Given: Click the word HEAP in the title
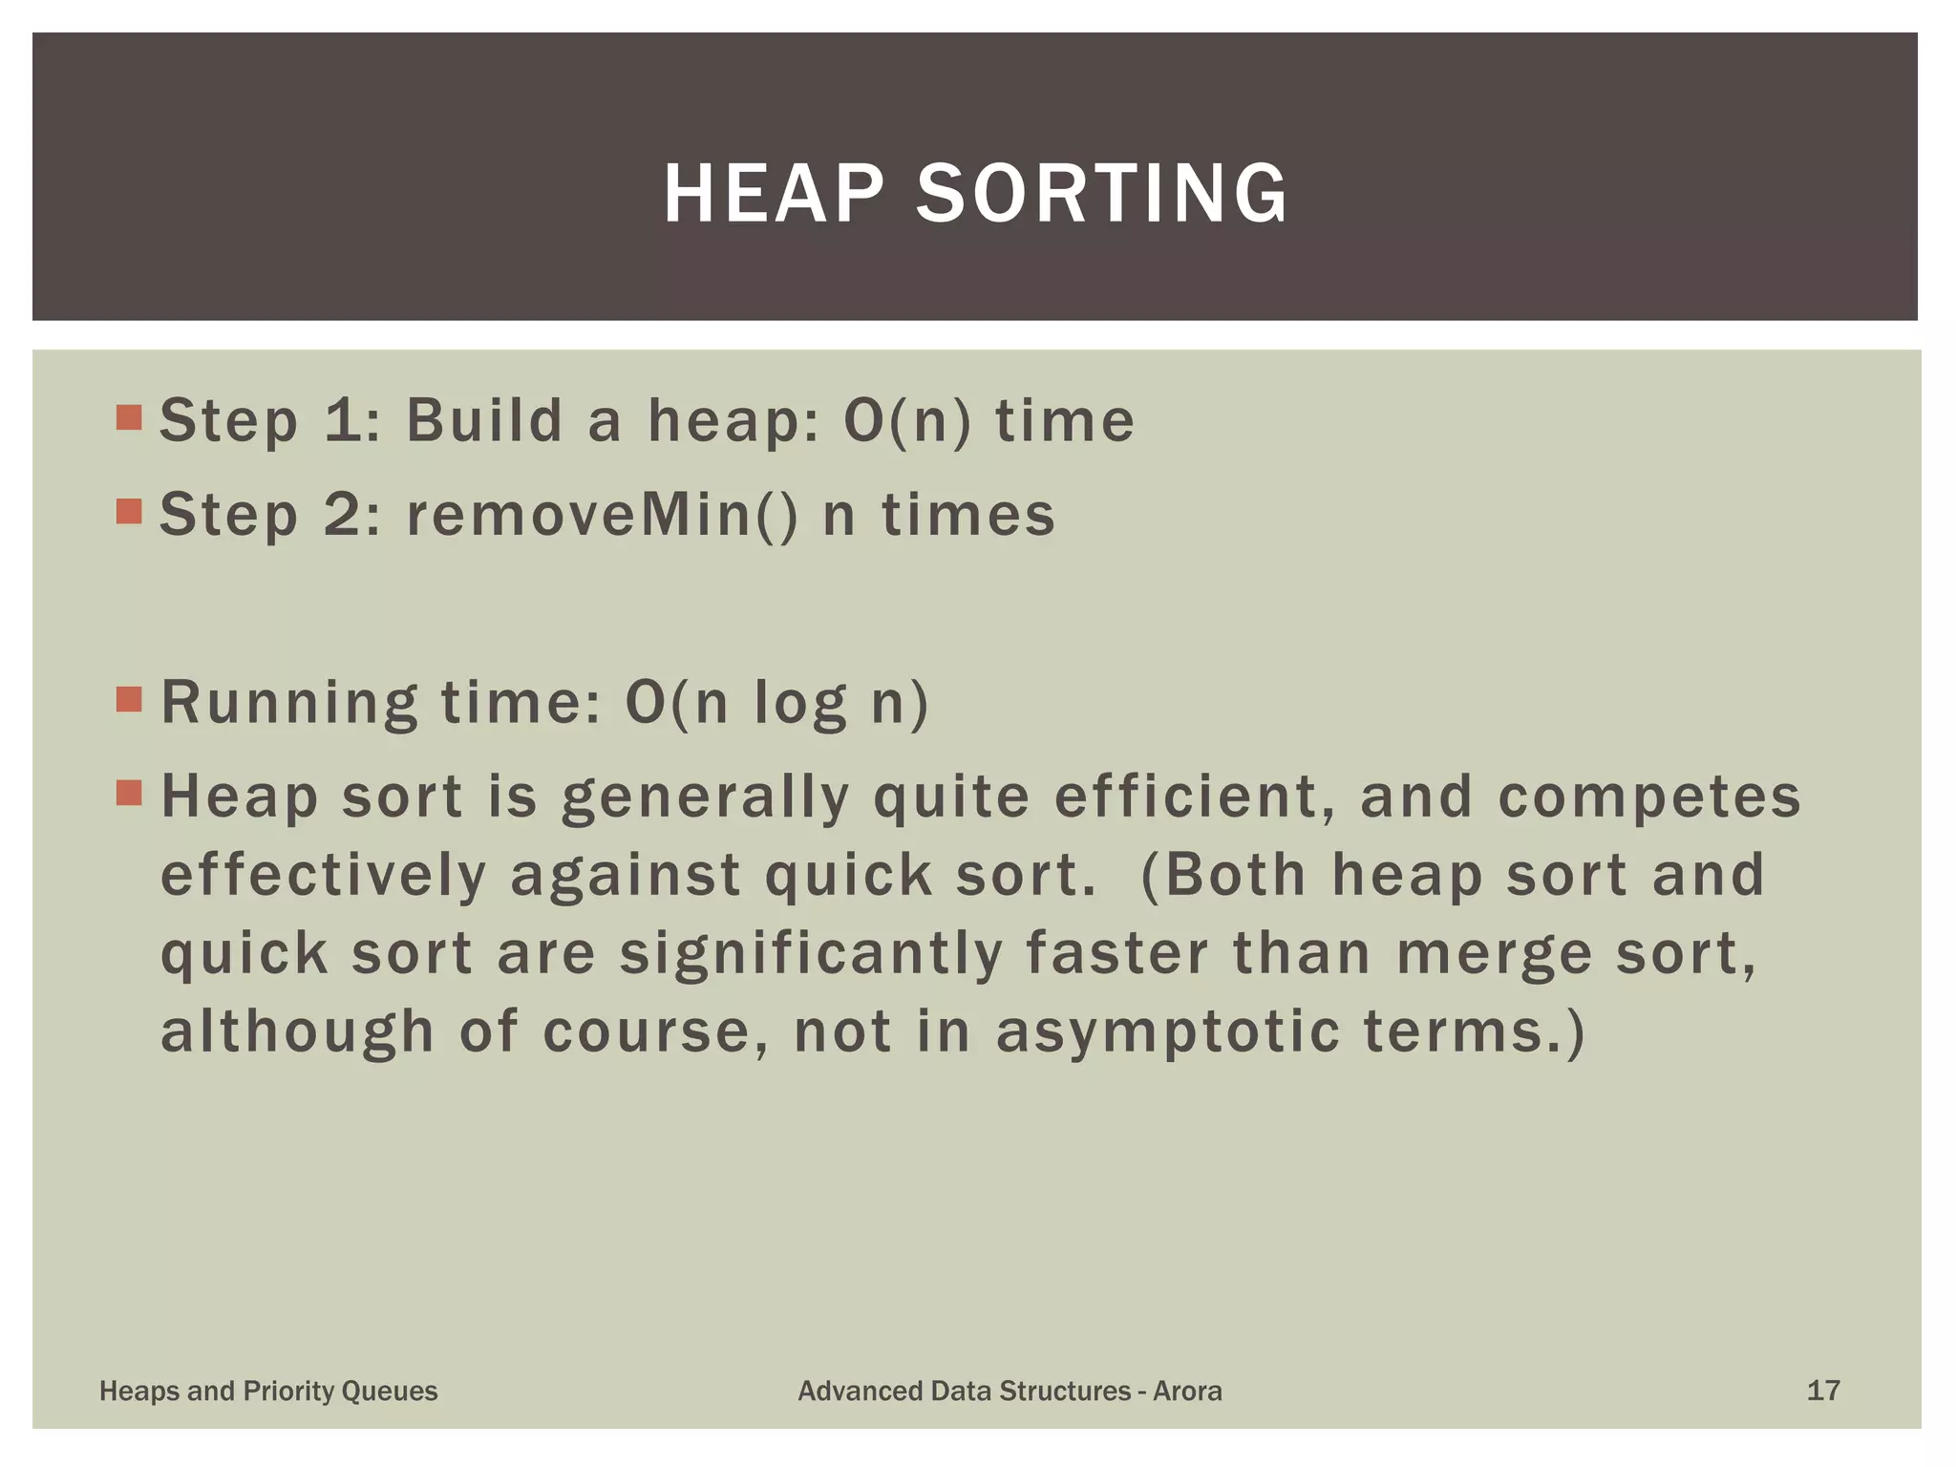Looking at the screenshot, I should (774, 194).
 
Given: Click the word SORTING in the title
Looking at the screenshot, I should (1102, 194).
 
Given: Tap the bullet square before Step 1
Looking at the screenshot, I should (129, 417).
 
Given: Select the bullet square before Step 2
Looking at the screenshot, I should (129, 512).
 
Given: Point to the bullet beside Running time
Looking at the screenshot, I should (129, 699).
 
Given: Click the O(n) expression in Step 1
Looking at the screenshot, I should (907, 420).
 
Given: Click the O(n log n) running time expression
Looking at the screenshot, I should (776, 703).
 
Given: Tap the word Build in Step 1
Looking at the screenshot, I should (484, 420).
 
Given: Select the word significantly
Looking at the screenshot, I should (811, 953).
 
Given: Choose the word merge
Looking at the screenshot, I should (1494, 955).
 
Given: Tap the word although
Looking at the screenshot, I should (297, 1033).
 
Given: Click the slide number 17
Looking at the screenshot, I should (1823, 1391).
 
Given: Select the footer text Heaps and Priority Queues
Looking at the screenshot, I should (268, 1392).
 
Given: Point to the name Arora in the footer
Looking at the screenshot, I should (1187, 1391).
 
